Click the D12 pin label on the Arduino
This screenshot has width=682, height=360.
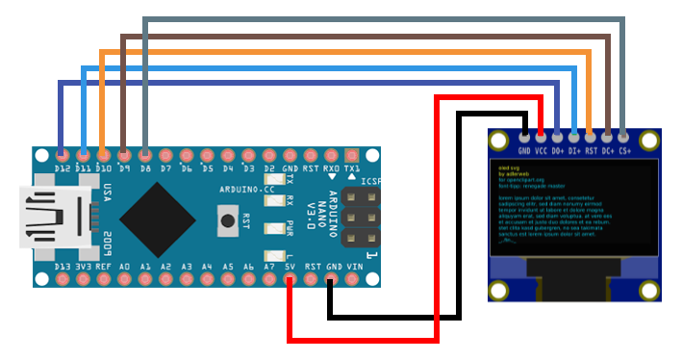(x=63, y=168)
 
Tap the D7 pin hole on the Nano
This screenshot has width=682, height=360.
(x=165, y=154)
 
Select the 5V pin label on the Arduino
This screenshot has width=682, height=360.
(x=290, y=266)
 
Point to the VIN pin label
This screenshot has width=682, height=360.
(x=353, y=266)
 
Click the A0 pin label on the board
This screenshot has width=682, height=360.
(x=125, y=266)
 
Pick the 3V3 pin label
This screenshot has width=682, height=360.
(x=84, y=266)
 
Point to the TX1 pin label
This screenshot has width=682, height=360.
(x=352, y=168)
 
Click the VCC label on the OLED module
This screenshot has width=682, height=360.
(x=542, y=151)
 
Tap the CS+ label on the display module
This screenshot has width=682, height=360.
(x=624, y=151)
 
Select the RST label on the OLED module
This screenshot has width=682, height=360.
(x=591, y=151)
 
